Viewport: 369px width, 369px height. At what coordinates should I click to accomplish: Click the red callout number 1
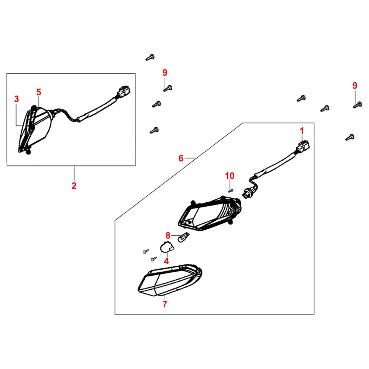(x=302, y=131)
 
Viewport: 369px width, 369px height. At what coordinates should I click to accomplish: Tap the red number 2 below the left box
(x=74, y=186)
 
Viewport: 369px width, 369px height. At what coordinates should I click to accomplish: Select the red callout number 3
(x=17, y=99)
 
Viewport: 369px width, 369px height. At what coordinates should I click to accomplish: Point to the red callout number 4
(x=166, y=261)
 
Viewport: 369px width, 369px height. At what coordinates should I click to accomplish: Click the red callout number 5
(x=39, y=92)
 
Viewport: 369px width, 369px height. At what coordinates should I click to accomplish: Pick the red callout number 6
(x=181, y=158)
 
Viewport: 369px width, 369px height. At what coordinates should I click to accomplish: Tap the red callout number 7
(x=165, y=304)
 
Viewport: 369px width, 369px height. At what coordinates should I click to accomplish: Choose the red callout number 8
(x=168, y=235)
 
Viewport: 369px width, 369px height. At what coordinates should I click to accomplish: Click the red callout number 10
(x=230, y=176)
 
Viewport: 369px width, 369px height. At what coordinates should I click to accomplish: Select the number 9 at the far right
(x=355, y=86)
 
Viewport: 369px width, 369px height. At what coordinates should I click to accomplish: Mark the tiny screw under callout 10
(x=231, y=191)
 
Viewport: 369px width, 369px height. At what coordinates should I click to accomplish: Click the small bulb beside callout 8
(x=183, y=237)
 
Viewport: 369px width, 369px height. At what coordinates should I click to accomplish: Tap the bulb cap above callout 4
(x=167, y=247)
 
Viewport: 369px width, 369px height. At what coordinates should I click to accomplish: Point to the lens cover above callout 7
(x=170, y=280)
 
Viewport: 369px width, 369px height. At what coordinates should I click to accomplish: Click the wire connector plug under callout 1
(x=303, y=146)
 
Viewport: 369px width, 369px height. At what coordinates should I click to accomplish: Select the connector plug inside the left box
(x=123, y=92)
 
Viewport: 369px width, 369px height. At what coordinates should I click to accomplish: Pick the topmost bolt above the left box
(x=150, y=58)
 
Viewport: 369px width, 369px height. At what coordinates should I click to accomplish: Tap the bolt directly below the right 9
(x=358, y=105)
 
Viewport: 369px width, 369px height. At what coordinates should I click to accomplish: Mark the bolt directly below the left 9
(x=168, y=89)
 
